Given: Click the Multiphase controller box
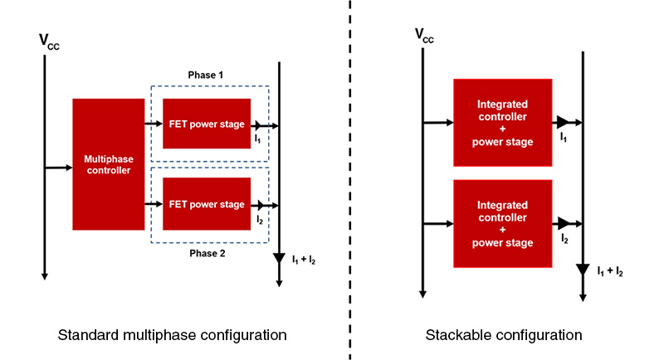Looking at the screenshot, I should [x=109, y=163].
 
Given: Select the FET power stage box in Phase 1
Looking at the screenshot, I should [x=207, y=124].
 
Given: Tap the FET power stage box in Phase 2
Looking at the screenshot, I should [x=207, y=204].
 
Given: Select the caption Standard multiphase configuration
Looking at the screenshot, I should [x=172, y=335].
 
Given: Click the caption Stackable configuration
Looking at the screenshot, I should [x=504, y=335].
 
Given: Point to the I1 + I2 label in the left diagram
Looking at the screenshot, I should [x=303, y=260].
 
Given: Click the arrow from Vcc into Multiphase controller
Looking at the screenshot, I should [x=58, y=168].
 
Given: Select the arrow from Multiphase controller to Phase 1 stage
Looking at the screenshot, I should [x=154, y=124].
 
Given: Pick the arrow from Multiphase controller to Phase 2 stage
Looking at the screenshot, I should [x=154, y=204].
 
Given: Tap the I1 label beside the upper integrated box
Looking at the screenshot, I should [x=564, y=135].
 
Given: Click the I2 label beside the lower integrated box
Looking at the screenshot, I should [x=564, y=238].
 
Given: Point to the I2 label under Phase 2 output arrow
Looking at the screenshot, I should [x=260, y=220].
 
